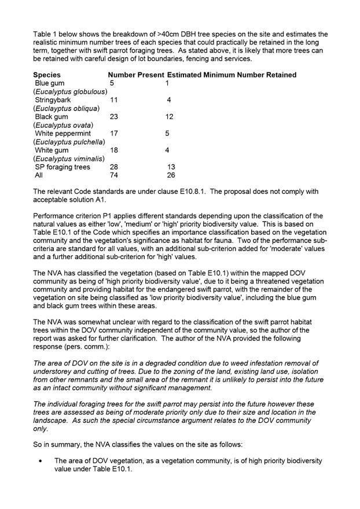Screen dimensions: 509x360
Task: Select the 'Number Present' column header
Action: (136, 75)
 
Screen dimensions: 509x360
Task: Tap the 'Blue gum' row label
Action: (50, 83)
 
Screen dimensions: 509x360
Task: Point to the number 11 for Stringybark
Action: (114, 100)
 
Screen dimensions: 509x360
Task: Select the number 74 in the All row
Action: (114, 175)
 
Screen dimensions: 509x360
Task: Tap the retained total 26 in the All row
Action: (171, 175)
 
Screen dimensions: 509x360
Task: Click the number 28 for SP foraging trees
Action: (114, 167)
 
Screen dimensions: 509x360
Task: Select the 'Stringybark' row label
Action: (54, 100)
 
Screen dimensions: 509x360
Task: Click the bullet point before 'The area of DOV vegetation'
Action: (40, 461)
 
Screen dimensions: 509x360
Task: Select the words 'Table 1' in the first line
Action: (46, 34)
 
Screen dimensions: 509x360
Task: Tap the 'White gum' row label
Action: (52, 150)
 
